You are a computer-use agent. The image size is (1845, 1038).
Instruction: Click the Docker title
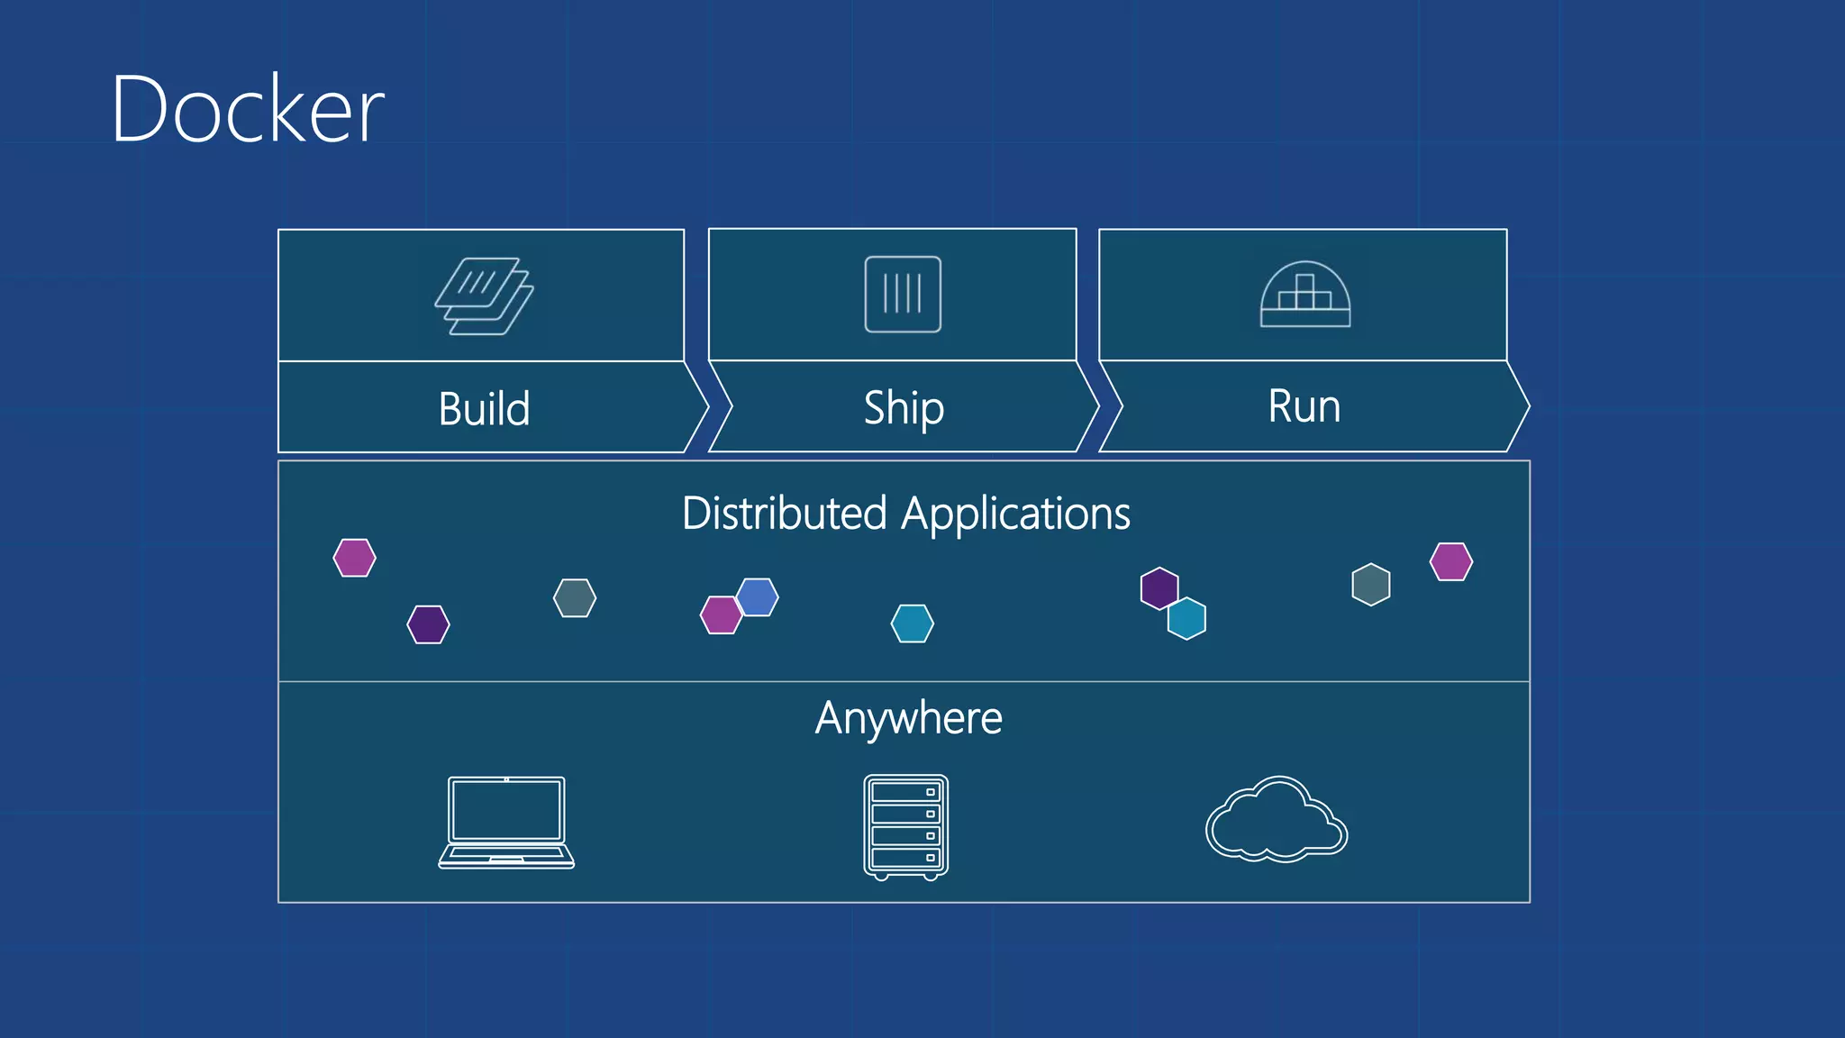pos(248,110)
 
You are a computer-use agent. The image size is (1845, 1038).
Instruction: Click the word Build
pos(484,408)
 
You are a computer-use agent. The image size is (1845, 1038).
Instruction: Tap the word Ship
pos(904,408)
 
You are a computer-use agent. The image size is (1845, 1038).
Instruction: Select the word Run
pos(1304,406)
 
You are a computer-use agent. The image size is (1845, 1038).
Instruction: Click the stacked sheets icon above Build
pos(485,296)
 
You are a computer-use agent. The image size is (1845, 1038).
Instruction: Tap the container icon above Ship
pos(903,295)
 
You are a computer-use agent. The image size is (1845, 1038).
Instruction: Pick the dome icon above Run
pos(1304,295)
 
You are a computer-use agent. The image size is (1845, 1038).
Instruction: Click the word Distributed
pos(785,514)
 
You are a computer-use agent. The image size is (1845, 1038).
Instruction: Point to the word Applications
pos(1015,514)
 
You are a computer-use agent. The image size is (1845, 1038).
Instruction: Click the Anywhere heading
pos(908,718)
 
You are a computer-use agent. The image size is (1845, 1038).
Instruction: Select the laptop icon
pos(506,822)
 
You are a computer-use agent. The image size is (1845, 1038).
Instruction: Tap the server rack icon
pos(905,826)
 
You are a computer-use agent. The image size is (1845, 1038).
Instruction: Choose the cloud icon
pos(1276,820)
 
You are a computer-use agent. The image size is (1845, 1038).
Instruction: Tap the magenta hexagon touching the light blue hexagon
pos(719,615)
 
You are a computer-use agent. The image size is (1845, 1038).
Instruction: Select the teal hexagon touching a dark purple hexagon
pos(1187,619)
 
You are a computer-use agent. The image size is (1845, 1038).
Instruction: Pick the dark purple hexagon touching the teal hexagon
pos(1159,587)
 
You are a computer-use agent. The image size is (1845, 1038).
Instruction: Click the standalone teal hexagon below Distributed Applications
pos(912,624)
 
